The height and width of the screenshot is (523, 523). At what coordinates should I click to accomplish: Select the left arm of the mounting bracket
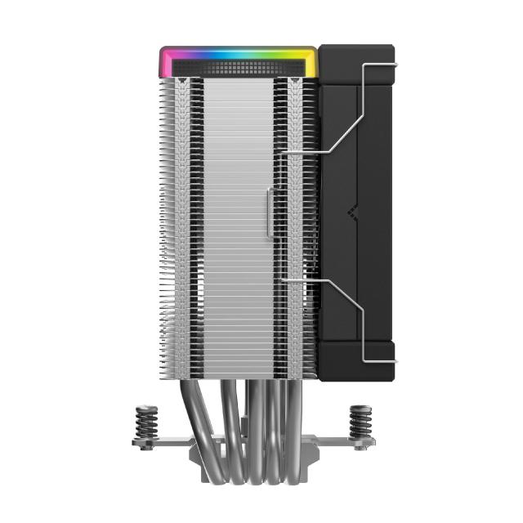pos(159,443)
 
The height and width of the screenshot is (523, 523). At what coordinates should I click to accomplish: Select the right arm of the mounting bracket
pos(347,443)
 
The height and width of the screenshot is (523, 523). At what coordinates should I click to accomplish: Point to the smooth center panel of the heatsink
pos(237,221)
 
